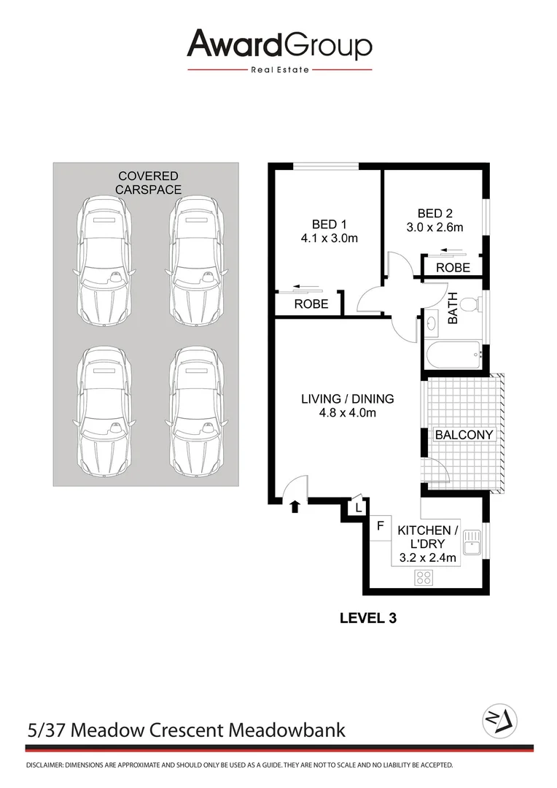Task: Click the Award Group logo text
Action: [x=279, y=45]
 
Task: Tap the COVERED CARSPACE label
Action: [x=149, y=182]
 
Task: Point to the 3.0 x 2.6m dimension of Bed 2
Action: [x=435, y=227]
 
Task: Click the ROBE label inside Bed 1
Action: [x=311, y=304]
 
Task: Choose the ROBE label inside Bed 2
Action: [x=453, y=268]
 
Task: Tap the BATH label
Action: [x=452, y=309]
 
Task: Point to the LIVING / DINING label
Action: [x=348, y=399]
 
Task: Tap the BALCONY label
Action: [x=464, y=435]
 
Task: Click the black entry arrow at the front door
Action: [x=295, y=507]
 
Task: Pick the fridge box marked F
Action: [x=380, y=525]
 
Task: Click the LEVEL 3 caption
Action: [x=367, y=618]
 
